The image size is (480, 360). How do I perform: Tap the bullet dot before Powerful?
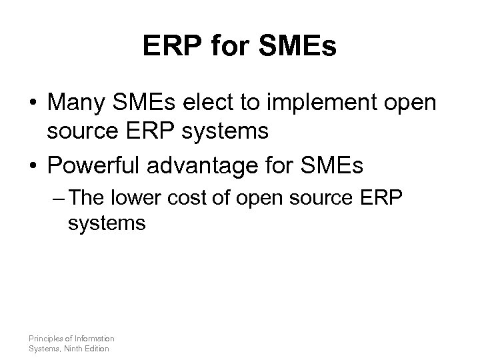33,165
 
